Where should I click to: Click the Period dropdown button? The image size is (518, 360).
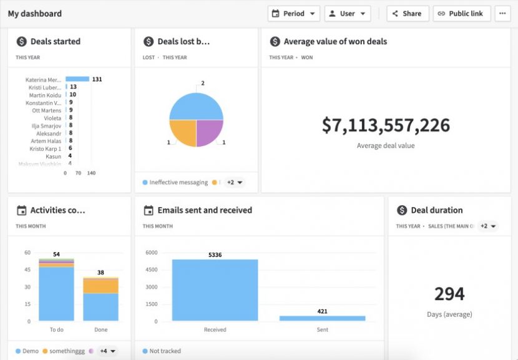[x=294, y=14]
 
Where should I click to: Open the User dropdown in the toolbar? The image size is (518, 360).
[x=348, y=14]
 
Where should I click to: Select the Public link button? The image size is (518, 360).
[x=462, y=14]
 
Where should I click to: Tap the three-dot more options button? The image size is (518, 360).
[x=502, y=14]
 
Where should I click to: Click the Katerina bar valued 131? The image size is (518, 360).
[x=77, y=79]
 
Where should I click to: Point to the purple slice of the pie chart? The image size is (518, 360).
[x=209, y=132]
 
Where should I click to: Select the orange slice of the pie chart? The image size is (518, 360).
[x=183, y=132]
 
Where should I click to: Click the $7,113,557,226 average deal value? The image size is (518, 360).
[x=386, y=125]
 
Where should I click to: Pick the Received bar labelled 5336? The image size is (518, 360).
[x=215, y=290]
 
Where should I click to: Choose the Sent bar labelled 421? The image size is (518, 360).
[x=322, y=318]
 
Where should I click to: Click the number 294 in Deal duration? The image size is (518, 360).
[x=449, y=294]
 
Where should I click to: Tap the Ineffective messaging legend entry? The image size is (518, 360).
[x=175, y=183]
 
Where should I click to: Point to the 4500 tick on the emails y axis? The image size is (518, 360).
[x=152, y=270]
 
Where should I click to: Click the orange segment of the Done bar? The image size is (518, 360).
[x=100, y=286]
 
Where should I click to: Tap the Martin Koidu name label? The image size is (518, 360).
[x=45, y=95]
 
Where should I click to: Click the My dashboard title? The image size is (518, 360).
[x=35, y=14]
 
